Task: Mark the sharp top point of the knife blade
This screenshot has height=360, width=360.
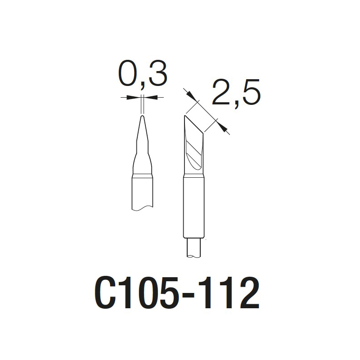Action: pyautogui.click(x=184, y=116)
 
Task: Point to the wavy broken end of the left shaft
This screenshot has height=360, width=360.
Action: pyautogui.click(x=143, y=208)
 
